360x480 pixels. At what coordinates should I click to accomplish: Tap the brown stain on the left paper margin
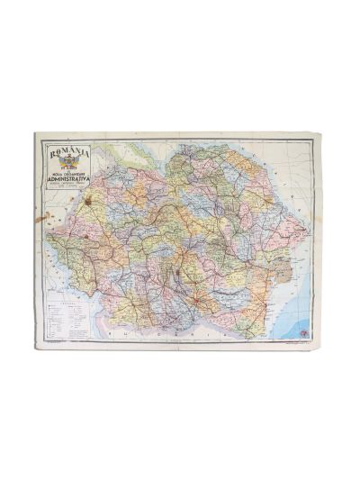pos(39,217)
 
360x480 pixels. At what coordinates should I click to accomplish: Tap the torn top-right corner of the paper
pos(318,135)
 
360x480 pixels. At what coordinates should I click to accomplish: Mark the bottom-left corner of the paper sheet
pos(36,348)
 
